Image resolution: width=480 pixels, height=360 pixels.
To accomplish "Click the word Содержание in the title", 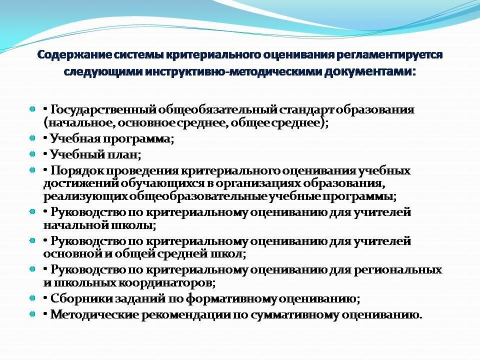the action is point(74,55).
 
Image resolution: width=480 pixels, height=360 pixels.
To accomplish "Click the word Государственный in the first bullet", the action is point(103,110).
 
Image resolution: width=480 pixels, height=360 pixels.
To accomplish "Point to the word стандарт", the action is point(306,109).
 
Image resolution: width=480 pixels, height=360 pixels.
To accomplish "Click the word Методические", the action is point(94,315).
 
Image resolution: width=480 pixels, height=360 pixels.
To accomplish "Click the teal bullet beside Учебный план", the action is point(32,153).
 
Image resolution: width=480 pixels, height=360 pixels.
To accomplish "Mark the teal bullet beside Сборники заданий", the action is point(32,297).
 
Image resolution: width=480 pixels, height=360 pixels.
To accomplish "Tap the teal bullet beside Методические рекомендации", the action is point(32,314).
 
